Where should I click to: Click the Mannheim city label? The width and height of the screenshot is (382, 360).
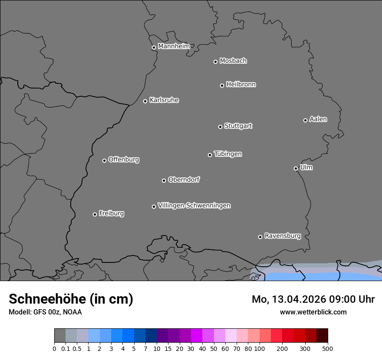tap(174, 46)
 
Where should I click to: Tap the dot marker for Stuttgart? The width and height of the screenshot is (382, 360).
tap(220, 127)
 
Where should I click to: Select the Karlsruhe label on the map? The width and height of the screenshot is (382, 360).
tap(164, 100)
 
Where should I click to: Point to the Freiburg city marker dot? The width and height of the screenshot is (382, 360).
tap(95, 214)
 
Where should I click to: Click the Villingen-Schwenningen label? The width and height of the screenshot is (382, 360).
tap(194, 206)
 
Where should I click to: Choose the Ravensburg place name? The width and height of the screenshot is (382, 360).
tap(282, 236)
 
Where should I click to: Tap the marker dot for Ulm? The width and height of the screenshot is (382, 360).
tap(296, 168)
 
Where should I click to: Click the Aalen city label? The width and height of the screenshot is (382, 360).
tap(318, 119)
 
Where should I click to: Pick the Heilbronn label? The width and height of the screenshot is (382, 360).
tap(241, 85)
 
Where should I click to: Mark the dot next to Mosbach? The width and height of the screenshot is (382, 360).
tap(215, 62)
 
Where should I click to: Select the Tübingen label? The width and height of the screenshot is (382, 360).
tap(228, 154)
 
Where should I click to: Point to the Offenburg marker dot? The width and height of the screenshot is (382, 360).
tap(104, 160)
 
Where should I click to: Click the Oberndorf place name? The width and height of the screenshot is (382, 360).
tap(184, 180)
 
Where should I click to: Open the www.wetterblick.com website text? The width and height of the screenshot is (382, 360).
tap(313, 312)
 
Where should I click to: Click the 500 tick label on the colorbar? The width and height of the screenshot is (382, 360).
tap(328, 348)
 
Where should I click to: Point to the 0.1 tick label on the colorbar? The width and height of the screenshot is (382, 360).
tap(66, 348)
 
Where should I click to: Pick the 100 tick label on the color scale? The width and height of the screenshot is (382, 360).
tap(259, 348)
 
